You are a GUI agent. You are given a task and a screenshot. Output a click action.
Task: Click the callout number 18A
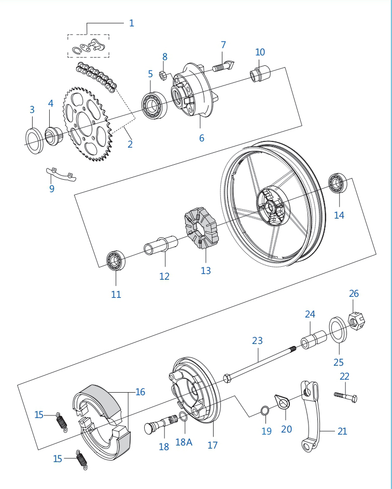coord(184,442)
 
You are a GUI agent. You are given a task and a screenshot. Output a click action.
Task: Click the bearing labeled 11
coord(115,261)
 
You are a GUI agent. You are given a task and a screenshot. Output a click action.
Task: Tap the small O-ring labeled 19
coord(264,411)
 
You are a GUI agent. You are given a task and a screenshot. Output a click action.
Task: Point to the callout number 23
coord(257,341)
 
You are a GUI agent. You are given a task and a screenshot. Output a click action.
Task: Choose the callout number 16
coord(140,392)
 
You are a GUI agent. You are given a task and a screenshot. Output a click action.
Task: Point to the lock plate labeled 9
coord(61,174)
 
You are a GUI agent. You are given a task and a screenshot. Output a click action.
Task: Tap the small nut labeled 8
coord(162,75)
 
